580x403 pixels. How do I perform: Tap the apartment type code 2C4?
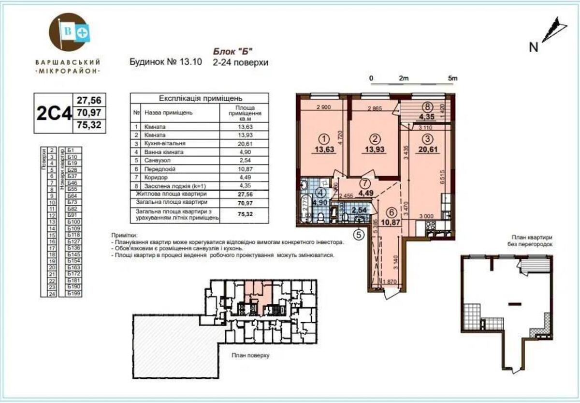click(x=54, y=113)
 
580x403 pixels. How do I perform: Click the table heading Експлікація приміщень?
click(x=198, y=97)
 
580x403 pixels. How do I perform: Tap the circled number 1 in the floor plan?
click(x=321, y=138)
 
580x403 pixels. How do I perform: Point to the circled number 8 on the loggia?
click(x=426, y=108)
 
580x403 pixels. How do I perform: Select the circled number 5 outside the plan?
click(x=358, y=236)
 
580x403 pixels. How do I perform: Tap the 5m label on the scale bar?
click(x=452, y=78)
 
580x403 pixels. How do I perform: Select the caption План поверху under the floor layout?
click(x=250, y=355)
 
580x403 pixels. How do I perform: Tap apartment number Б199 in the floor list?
click(x=74, y=293)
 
